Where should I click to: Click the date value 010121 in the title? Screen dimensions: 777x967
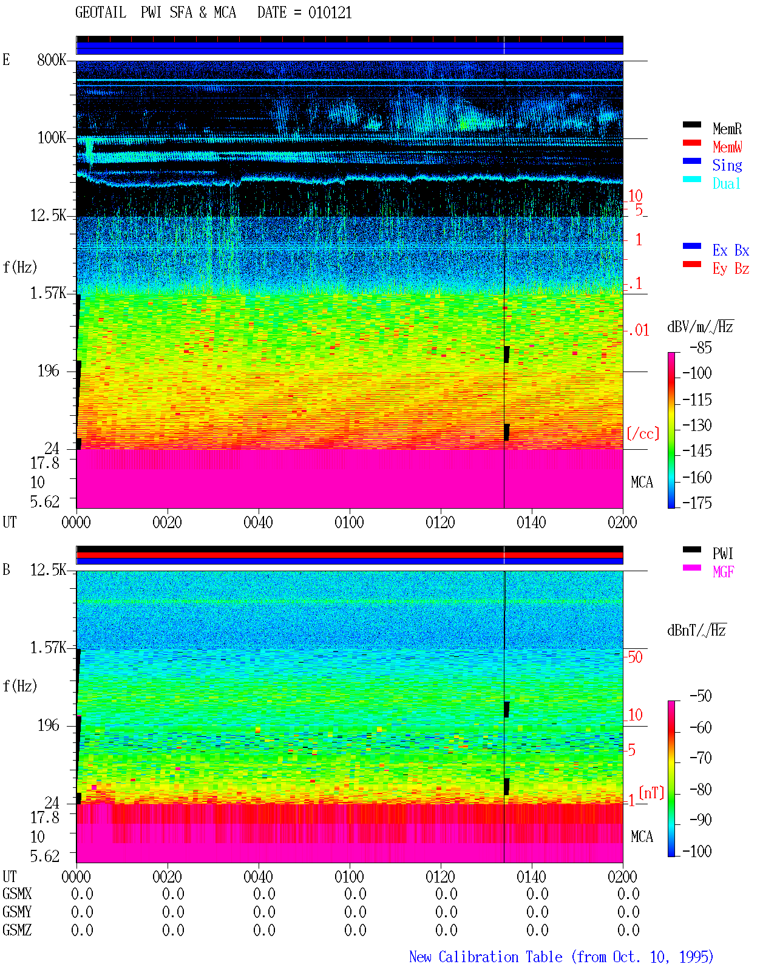(330, 13)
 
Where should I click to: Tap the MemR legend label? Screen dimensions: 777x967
(727, 129)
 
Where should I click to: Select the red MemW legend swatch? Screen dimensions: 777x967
(691, 143)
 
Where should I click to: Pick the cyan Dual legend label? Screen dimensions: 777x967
(726, 183)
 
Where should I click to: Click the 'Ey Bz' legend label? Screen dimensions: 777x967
(731, 269)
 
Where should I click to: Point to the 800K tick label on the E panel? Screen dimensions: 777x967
(52, 59)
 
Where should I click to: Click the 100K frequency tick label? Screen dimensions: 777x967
(52, 138)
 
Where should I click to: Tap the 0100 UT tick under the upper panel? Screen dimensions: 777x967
(349, 522)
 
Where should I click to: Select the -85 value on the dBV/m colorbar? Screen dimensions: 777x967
(701, 348)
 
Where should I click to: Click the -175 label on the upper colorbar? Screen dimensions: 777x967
(697, 503)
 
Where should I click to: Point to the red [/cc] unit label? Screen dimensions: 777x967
(643, 433)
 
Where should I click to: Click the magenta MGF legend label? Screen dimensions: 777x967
(723, 572)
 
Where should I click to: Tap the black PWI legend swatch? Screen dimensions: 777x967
(691, 549)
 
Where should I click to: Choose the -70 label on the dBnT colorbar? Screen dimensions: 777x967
(701, 758)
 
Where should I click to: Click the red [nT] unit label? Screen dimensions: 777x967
(651, 792)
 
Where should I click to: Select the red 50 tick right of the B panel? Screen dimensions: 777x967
(635, 657)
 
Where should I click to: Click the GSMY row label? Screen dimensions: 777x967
(17, 912)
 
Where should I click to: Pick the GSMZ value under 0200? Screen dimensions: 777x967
(628, 930)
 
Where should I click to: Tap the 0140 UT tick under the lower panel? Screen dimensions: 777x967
(531, 877)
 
